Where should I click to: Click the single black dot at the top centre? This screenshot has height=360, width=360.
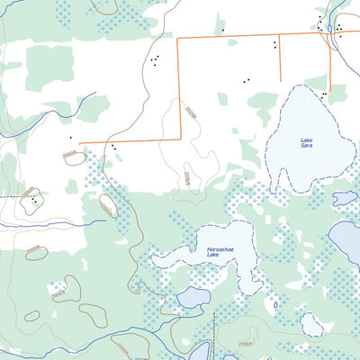coord(223,30)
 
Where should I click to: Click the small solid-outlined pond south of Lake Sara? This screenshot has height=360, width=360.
coord(345,198)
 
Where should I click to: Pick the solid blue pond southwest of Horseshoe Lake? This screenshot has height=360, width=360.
coord(193,297)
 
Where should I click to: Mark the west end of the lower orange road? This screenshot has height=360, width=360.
coord(81,142)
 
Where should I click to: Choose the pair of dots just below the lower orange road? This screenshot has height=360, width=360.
coord(114,147)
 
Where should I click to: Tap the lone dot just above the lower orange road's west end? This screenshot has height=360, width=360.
coord(70,137)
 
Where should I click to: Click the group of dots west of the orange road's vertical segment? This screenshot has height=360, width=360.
coord(156,61)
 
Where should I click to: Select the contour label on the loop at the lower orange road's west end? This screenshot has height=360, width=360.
coord(70,156)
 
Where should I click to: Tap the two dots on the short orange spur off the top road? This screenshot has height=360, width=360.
coord(274,43)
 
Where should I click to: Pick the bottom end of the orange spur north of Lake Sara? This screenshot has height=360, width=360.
coord(280,78)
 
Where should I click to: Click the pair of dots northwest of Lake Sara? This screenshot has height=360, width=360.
coord(246,81)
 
